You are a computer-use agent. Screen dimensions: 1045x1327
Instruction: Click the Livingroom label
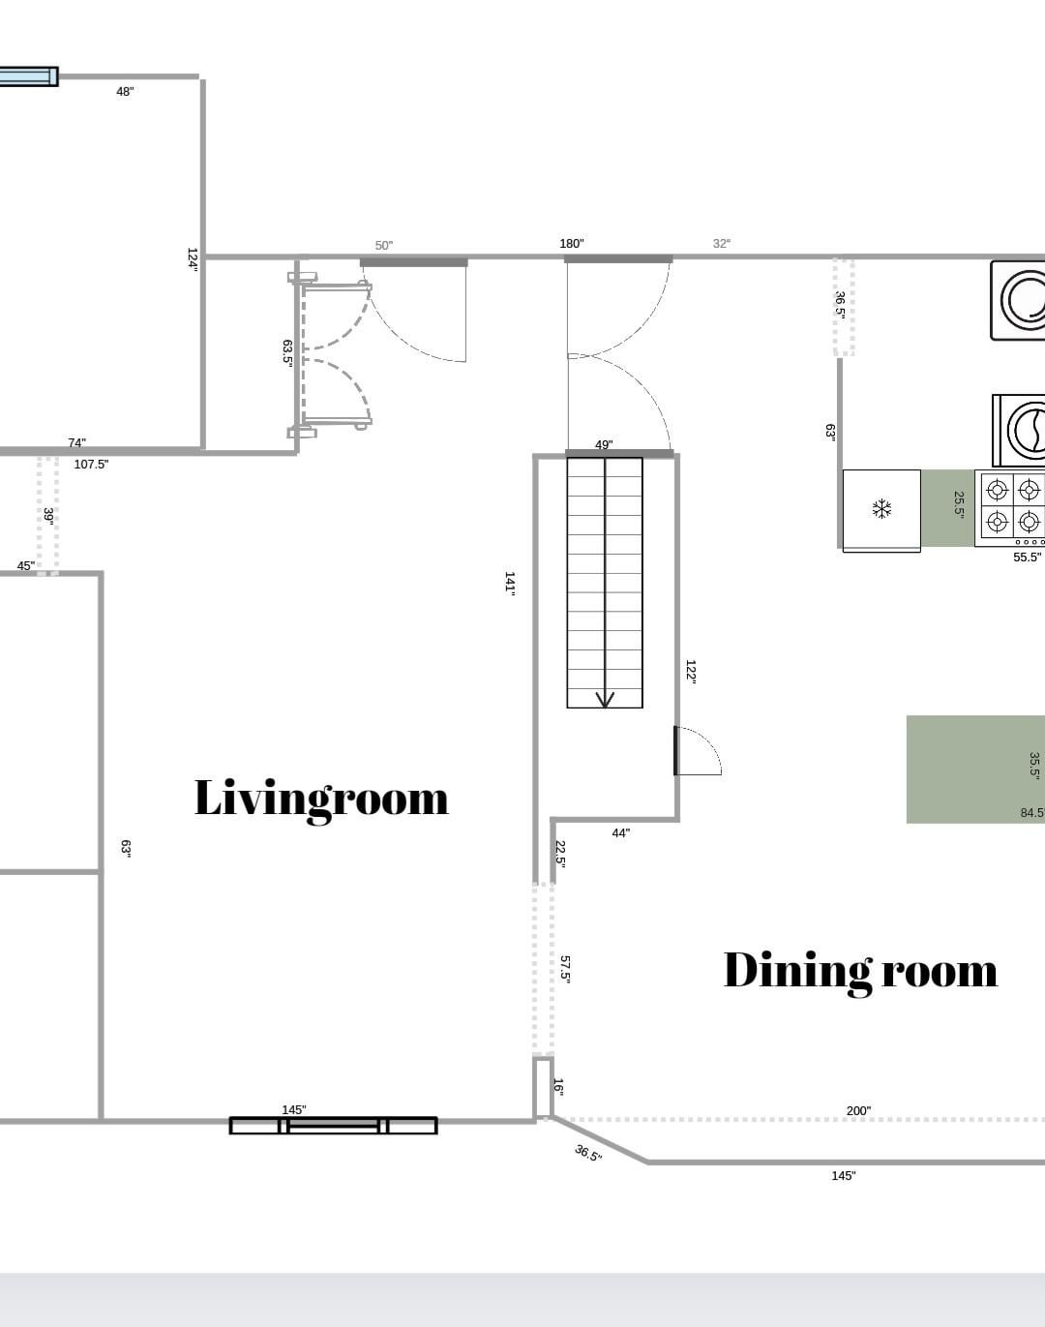(321, 799)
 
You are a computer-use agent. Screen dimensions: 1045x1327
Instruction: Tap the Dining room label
(860, 972)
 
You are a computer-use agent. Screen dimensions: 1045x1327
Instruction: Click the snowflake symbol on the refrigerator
(881, 509)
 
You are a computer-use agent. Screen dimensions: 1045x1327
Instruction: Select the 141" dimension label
(510, 582)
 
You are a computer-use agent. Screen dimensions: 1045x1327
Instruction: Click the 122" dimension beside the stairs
(691, 671)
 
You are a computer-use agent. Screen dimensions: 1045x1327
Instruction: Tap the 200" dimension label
(858, 1111)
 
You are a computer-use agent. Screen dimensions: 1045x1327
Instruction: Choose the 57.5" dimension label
(565, 969)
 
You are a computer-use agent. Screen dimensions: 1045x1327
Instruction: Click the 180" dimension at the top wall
(572, 244)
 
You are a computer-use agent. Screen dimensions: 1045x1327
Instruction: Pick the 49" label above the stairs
(604, 444)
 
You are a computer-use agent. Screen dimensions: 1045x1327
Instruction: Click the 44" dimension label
(621, 833)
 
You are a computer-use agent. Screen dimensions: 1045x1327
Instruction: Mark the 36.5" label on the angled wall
(587, 1153)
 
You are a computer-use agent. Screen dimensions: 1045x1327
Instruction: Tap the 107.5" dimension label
(91, 465)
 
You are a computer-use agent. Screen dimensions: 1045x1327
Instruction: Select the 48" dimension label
(125, 92)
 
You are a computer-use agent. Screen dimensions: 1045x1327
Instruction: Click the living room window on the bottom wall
(334, 1126)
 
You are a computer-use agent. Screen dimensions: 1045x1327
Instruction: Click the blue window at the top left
(28, 76)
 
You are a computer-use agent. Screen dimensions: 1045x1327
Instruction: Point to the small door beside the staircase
(698, 750)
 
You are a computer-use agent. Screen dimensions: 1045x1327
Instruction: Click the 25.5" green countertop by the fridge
(947, 508)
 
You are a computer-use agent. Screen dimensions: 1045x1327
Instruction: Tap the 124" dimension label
(193, 259)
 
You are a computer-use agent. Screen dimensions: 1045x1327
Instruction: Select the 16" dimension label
(558, 1087)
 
